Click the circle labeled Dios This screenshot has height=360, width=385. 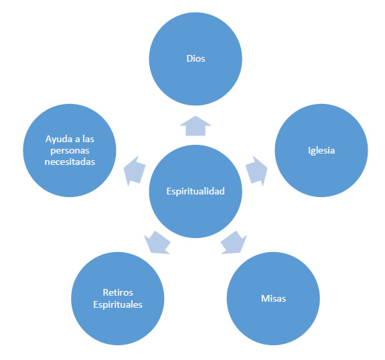click(196, 59)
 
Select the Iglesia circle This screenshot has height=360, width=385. click(321, 150)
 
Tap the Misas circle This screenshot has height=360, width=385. click(273, 298)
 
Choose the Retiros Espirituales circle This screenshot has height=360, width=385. click(118, 298)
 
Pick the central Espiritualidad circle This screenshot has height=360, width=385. click(196, 191)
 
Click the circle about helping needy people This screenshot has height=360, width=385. click(70, 150)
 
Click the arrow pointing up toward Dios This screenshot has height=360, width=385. click(196, 125)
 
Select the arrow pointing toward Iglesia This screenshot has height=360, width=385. click(257, 171)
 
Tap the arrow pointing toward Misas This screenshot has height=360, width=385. click(234, 243)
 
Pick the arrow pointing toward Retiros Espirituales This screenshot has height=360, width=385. click(157, 243)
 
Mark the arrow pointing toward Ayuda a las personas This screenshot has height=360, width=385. click(135, 171)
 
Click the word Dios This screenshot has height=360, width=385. click(196, 58)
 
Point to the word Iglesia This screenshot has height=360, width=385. click(321, 150)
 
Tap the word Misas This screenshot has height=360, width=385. click(274, 298)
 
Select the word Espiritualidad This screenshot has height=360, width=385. click(196, 191)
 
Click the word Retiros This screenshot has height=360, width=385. click(118, 292)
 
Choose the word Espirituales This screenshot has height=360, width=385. click(118, 304)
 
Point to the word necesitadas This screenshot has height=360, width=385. click(70, 162)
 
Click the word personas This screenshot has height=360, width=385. click(70, 150)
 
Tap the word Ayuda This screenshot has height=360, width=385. click(59, 139)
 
